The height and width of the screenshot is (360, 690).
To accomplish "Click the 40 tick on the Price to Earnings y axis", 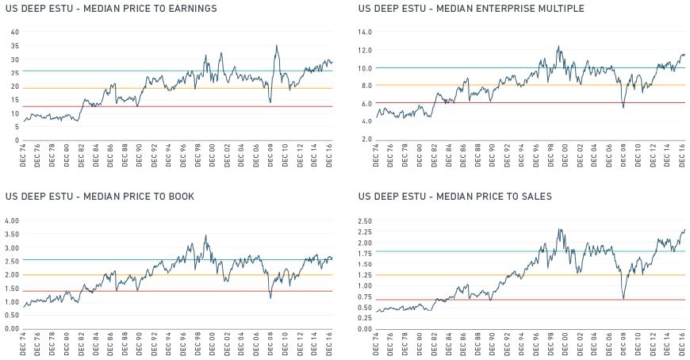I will [x=13, y=32].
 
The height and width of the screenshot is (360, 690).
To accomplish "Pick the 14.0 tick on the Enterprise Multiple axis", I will [x=365, y=32].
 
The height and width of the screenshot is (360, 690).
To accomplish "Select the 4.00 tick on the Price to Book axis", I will [x=11, y=220].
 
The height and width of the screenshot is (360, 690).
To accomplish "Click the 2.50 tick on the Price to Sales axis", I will [x=365, y=220].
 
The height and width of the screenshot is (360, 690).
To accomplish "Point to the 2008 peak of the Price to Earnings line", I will [x=276, y=46].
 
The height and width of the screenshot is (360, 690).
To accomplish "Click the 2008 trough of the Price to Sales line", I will [x=624, y=297].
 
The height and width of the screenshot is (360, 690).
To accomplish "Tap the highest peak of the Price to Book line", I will [x=206, y=236].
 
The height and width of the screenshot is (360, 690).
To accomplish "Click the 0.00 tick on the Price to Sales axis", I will [x=365, y=328].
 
